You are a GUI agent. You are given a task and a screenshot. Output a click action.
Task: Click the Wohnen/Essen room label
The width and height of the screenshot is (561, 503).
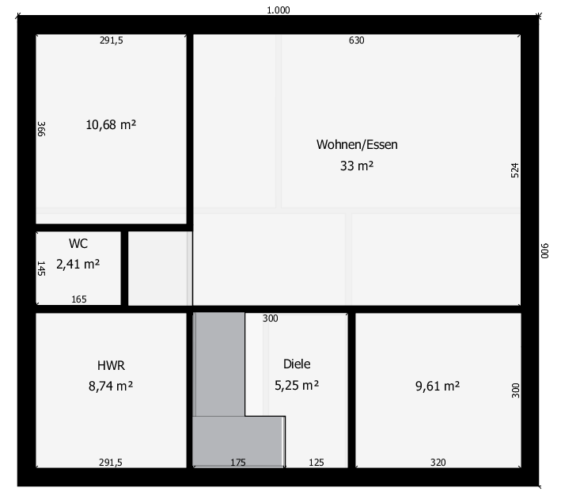point(357,144)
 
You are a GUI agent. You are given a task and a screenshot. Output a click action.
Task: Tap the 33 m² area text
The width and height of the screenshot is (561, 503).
point(357,166)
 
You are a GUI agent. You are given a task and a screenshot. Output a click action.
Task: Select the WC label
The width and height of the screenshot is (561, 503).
point(78,244)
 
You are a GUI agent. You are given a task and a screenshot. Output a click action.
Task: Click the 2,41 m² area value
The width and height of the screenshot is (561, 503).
point(78,265)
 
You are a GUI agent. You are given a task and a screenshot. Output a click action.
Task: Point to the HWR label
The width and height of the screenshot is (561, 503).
point(111,365)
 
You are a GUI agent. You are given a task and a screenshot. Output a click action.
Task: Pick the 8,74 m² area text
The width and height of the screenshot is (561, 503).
point(111,387)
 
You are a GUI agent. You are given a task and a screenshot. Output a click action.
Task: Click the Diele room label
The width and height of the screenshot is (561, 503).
point(297,364)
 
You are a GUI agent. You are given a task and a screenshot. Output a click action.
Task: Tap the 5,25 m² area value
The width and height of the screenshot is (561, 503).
point(297,386)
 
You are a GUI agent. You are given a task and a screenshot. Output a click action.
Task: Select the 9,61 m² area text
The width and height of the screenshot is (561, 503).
point(438,387)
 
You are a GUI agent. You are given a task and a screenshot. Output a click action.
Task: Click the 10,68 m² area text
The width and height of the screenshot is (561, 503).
point(111,124)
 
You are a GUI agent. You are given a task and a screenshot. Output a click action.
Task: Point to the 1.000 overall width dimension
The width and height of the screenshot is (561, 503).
point(279,10)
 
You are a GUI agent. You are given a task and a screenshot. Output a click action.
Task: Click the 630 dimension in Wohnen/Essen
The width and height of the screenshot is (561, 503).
point(356,40)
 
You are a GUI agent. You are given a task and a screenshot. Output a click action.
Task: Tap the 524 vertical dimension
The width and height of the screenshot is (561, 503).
point(514,170)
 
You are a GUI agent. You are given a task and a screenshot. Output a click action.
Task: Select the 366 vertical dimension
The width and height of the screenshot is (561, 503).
point(41,129)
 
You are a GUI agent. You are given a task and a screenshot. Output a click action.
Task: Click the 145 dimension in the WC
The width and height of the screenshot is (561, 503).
point(41,269)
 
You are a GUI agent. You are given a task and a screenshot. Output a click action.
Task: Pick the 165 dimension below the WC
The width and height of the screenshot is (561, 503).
point(78,299)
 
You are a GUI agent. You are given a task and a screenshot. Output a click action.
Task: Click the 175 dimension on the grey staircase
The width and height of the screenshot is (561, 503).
point(238,462)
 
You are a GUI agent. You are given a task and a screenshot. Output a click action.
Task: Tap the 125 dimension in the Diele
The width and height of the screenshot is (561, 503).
point(317,462)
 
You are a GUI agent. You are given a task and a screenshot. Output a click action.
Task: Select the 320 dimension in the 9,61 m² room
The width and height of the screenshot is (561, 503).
point(438,462)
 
